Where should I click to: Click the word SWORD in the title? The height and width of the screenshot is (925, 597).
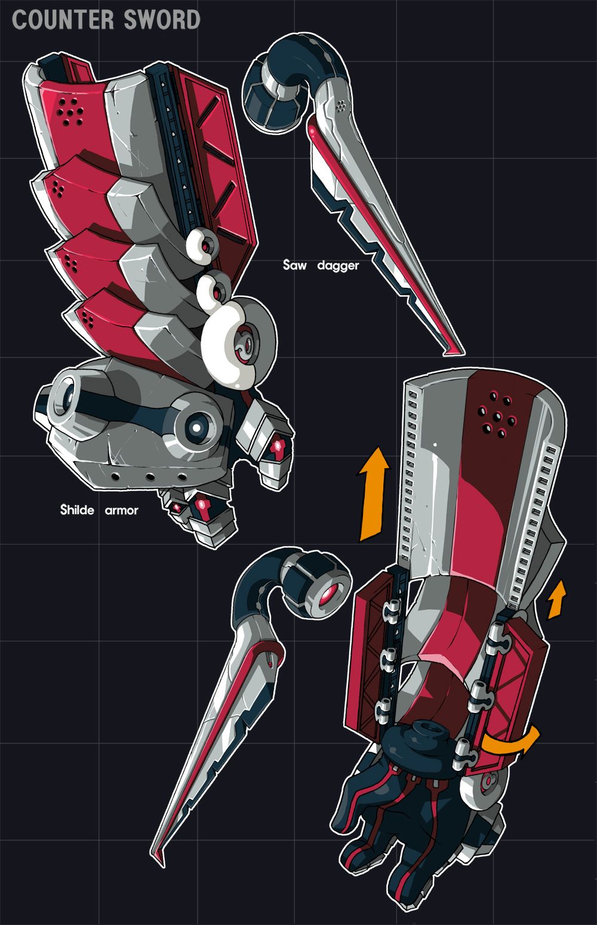162,20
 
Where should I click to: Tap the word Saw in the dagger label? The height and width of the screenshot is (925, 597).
294,265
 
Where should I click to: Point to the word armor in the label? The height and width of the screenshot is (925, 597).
121,511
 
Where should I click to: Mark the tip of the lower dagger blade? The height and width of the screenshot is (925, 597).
156,860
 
